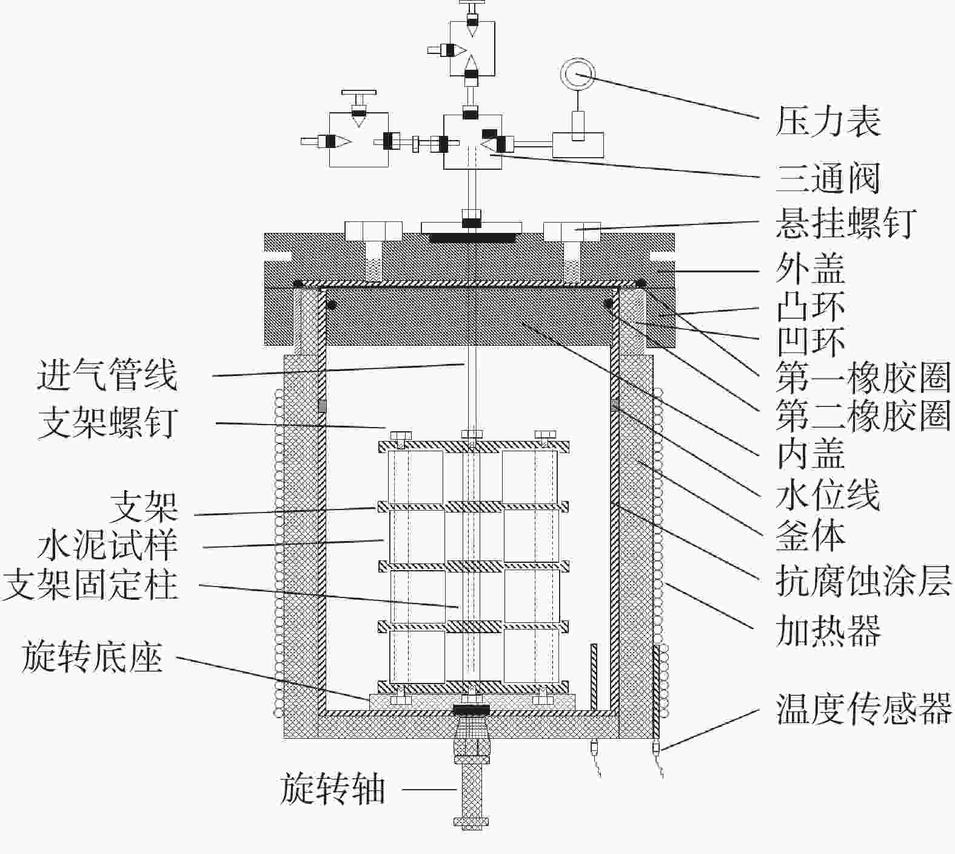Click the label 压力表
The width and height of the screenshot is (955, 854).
[x=828, y=121]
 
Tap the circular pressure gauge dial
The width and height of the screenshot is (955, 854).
[x=578, y=75]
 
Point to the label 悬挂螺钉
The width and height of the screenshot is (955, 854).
[x=845, y=223]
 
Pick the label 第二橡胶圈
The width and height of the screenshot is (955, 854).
[x=863, y=415]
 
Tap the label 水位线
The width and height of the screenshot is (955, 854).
[x=828, y=495]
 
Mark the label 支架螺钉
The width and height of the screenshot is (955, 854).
[x=108, y=422]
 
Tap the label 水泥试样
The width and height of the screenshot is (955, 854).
[x=108, y=545]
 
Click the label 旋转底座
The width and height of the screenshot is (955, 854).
[x=92, y=657]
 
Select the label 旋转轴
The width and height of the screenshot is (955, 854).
[x=333, y=789]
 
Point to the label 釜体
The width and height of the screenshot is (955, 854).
[x=811, y=535]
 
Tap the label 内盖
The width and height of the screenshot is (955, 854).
[x=811, y=454]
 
